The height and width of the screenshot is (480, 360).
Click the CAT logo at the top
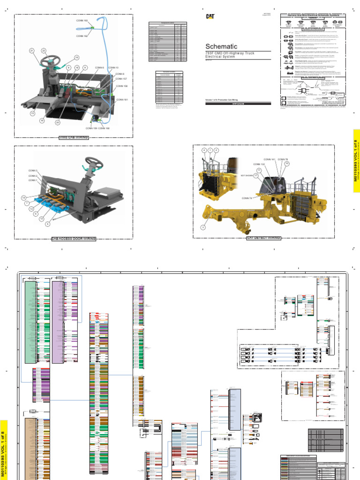pos(210,16)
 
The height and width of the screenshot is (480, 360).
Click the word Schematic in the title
pos(221,46)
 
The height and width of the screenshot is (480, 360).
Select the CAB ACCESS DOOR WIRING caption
pos(74,239)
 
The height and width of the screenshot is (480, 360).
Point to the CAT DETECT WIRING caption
pos(263,238)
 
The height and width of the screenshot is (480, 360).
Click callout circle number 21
pos(32,51)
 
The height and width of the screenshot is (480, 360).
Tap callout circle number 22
pos(44,51)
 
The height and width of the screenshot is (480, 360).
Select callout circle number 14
pos(23,198)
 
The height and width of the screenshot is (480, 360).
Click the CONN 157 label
pos(121,79)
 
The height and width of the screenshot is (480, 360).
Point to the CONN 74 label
pos(247,198)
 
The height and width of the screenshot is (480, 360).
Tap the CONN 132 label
pos(259,165)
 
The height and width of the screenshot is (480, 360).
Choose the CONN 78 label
pos(283,159)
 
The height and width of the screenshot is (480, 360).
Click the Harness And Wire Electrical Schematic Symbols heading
pos(312,15)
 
